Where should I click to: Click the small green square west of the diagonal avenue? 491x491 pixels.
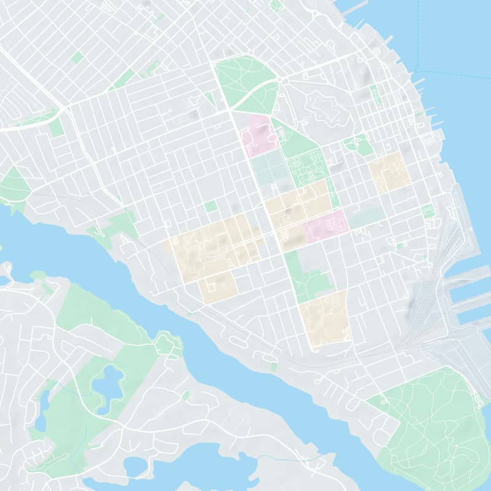211,206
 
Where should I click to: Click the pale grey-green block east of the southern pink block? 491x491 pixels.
367,217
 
